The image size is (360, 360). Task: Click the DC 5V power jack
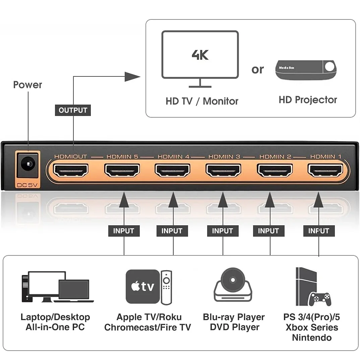click(x=28, y=164)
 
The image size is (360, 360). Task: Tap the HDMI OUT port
click(x=71, y=170)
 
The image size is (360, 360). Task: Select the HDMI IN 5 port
click(x=122, y=170)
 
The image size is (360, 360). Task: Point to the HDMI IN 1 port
click(x=325, y=170)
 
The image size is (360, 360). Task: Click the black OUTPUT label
click(x=73, y=110)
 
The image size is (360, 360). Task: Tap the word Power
click(x=27, y=85)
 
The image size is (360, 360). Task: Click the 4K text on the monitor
click(x=200, y=55)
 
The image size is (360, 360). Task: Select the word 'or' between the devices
click(x=257, y=69)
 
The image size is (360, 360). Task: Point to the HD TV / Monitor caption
click(x=202, y=101)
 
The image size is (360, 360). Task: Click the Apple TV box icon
click(x=142, y=287)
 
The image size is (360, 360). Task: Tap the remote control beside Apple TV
click(x=166, y=287)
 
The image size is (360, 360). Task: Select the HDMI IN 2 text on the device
click(x=275, y=157)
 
